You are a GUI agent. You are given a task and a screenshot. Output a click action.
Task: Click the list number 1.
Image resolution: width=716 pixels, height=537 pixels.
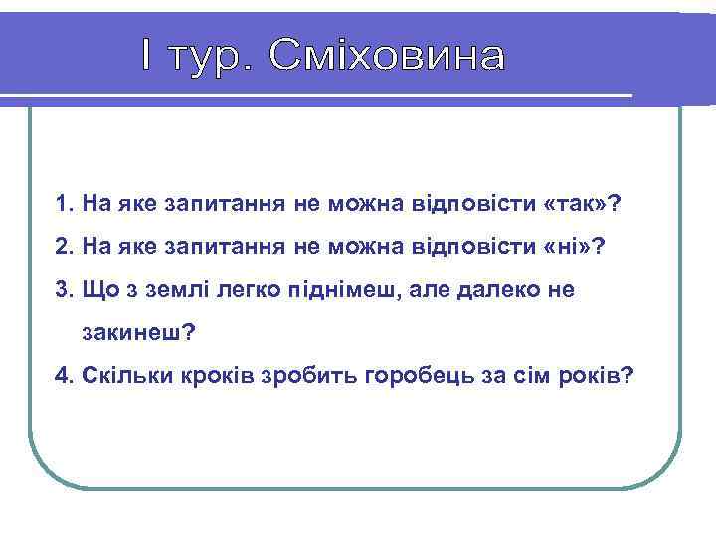click(64, 205)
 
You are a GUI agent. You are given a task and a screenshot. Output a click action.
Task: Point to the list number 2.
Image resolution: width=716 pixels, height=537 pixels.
click(64, 248)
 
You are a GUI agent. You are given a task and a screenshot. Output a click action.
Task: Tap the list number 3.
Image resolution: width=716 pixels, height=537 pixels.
click(64, 290)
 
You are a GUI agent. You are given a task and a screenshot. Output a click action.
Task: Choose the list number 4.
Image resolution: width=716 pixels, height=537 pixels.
click(64, 376)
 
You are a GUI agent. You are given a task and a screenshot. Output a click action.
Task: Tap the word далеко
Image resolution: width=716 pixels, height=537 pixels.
click(498, 290)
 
